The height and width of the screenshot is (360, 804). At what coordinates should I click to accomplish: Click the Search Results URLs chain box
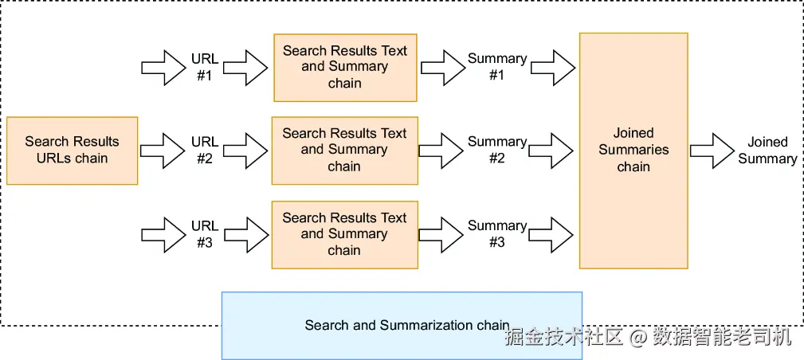(x=73, y=151)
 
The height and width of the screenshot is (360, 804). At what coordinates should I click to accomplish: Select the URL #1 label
(x=205, y=67)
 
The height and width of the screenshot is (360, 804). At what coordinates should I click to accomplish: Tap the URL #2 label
(x=205, y=150)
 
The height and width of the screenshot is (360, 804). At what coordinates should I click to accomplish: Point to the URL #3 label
(x=205, y=234)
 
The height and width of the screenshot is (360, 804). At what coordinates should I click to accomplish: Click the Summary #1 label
(x=497, y=67)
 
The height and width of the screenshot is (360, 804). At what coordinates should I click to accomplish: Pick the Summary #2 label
(x=497, y=150)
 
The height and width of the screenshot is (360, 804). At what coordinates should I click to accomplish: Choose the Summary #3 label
(x=497, y=234)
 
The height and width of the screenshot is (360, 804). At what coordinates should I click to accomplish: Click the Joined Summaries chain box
(x=633, y=150)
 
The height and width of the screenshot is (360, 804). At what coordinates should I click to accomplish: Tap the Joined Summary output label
(x=767, y=151)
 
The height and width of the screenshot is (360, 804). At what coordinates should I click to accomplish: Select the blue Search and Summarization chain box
(x=402, y=325)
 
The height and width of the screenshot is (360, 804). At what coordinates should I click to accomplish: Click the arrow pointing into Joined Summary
(x=712, y=150)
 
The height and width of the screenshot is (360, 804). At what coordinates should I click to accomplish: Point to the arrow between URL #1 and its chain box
(x=246, y=67)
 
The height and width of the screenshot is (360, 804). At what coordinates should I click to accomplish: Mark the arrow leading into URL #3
(x=163, y=234)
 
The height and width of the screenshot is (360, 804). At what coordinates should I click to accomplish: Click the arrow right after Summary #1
(x=552, y=67)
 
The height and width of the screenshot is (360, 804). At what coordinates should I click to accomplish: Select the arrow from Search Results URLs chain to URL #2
(x=163, y=150)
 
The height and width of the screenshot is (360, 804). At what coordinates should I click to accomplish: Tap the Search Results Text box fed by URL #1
(x=345, y=67)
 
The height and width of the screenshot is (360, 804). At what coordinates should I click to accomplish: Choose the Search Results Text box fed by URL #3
(x=344, y=234)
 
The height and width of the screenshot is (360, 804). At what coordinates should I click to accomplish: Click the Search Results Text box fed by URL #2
(x=344, y=150)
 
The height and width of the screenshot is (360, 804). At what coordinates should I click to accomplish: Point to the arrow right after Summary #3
(x=552, y=234)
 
